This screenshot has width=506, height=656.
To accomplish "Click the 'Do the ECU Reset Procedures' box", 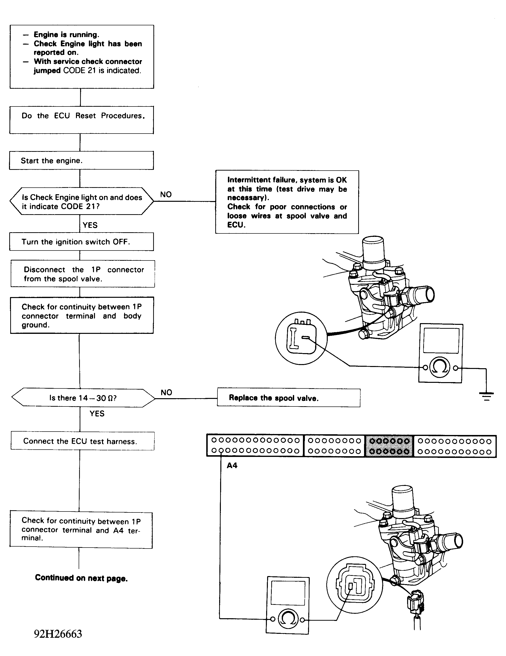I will (x=81, y=120).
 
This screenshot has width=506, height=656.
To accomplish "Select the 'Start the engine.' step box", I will (x=81, y=160).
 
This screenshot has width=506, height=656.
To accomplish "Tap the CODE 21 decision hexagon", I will (x=82, y=201).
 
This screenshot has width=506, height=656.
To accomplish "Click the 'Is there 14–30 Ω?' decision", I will (x=83, y=398).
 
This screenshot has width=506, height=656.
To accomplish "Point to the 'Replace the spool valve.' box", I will (x=288, y=398).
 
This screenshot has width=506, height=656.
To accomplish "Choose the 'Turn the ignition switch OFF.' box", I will (x=81, y=242).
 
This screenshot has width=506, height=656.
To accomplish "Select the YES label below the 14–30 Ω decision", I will (x=97, y=414).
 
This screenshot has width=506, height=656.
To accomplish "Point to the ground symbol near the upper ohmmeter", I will (x=487, y=396).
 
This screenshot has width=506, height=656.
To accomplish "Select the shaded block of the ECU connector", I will (x=389, y=446).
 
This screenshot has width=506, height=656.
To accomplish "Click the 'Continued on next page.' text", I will (x=81, y=578).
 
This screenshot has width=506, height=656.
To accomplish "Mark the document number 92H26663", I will (x=58, y=634).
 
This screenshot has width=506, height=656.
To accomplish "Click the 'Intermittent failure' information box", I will (x=287, y=202).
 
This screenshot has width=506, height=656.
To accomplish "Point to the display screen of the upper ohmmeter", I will (x=441, y=341).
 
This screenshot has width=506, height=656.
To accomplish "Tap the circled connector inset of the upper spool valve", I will (x=301, y=338).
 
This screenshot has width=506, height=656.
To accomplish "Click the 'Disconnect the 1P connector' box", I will (x=83, y=274).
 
